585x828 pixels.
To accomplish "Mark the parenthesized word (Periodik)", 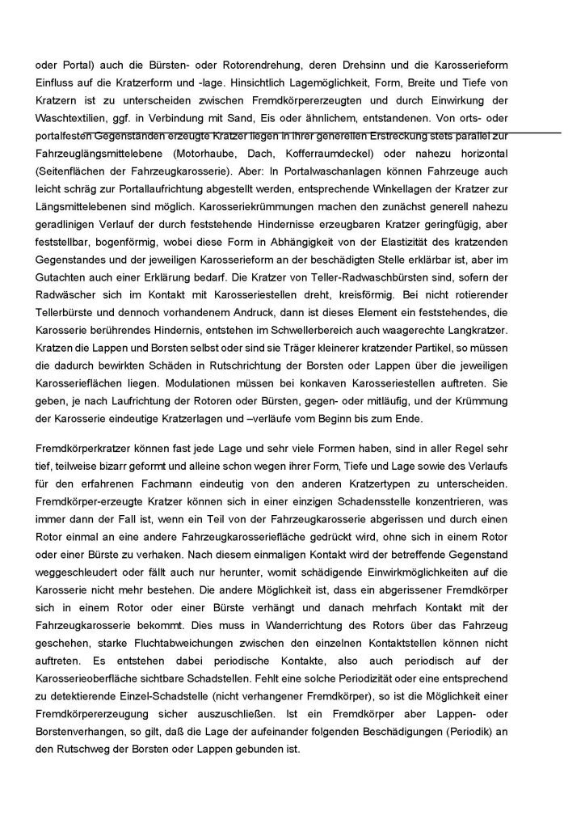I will [476, 731].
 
